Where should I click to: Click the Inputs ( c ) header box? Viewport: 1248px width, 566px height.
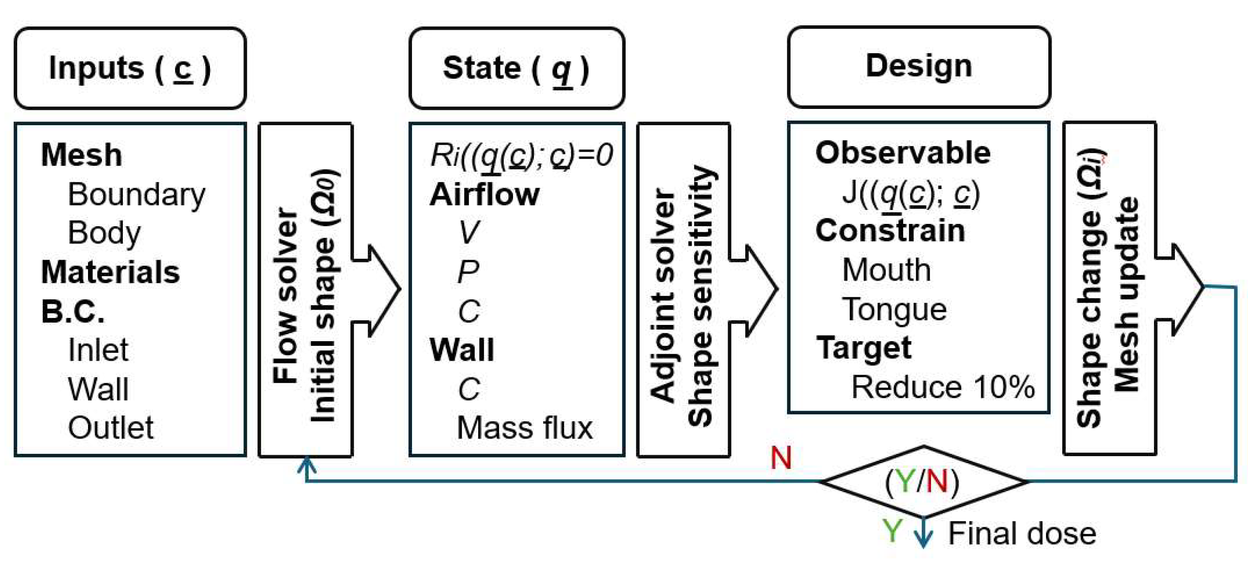click(x=130, y=68)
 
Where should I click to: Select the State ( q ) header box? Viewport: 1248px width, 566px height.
click(x=516, y=68)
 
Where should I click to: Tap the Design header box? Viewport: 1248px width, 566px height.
click(x=918, y=67)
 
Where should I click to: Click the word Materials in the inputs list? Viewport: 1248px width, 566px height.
click(x=110, y=272)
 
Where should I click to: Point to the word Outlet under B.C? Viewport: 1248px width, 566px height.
click(x=110, y=428)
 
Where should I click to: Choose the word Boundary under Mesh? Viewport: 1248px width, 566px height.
click(x=136, y=194)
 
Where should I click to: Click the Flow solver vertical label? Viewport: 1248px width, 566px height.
click(x=285, y=296)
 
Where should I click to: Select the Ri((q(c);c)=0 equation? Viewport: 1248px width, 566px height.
click(x=521, y=155)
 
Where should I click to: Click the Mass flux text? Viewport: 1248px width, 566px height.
click(x=524, y=428)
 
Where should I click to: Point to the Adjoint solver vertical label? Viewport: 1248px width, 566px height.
click(x=662, y=296)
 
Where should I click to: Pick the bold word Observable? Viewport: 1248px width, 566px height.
click(x=903, y=153)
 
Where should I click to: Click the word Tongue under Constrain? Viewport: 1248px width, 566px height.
click(x=894, y=310)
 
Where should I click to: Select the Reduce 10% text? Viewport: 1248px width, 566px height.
click(x=943, y=387)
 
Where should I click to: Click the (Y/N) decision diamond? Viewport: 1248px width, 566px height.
click(x=923, y=482)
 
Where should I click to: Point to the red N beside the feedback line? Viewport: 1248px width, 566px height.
click(x=781, y=458)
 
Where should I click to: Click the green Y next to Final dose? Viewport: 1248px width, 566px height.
click(x=892, y=531)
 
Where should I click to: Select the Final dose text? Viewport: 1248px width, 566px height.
click(x=1022, y=533)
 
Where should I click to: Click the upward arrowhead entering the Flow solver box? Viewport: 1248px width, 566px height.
click(x=307, y=464)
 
